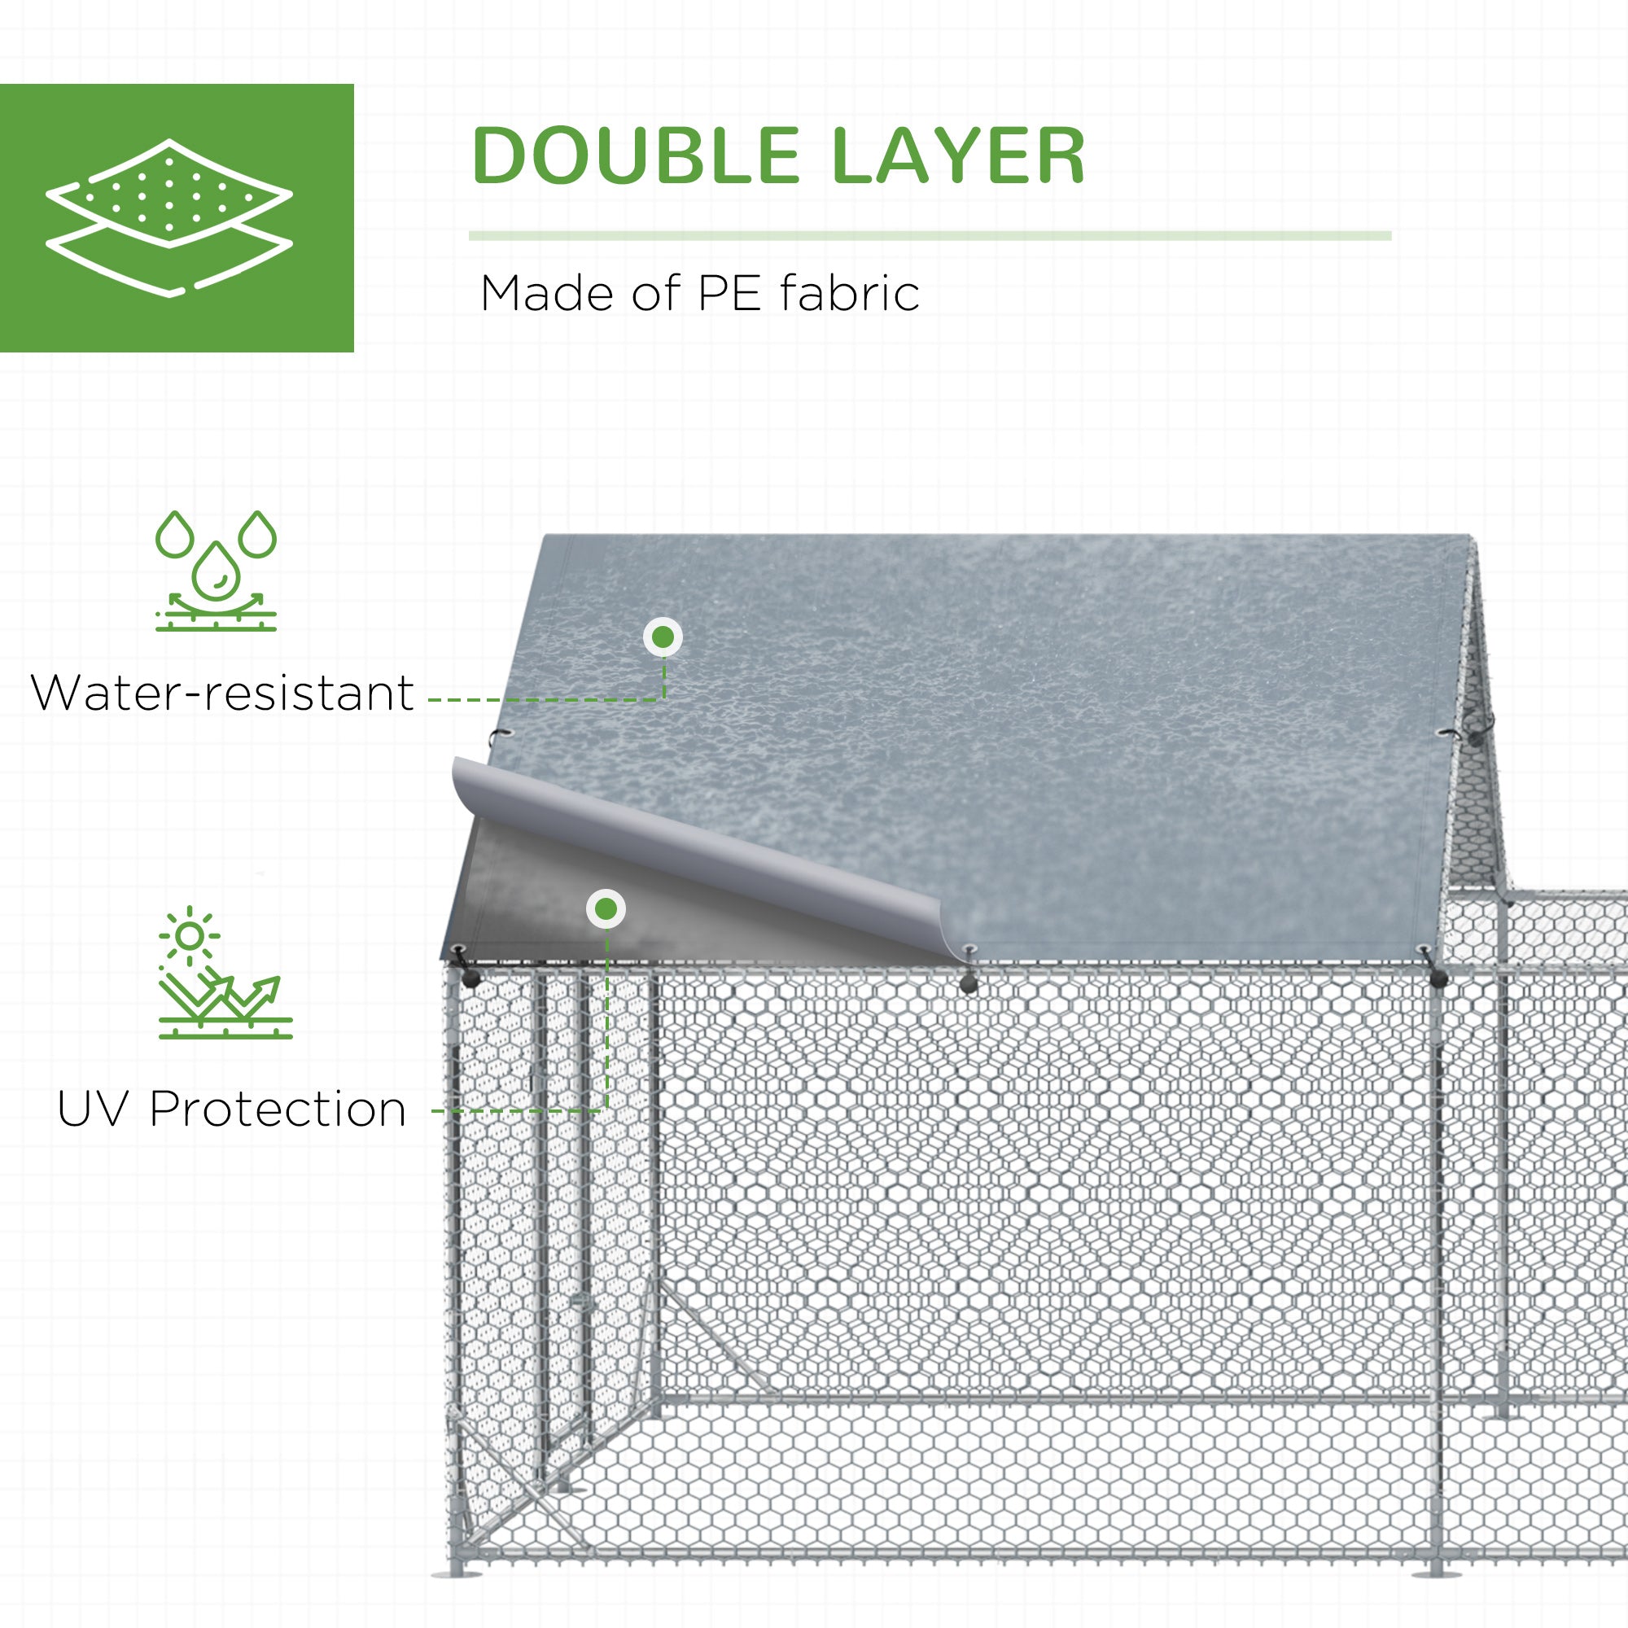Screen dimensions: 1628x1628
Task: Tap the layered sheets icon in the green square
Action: click(169, 217)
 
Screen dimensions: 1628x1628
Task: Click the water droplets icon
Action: click(216, 571)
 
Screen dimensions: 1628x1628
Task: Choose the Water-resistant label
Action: click(222, 693)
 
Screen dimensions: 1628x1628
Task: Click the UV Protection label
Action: click(232, 1109)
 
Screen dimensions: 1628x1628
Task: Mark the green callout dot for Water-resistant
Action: click(663, 637)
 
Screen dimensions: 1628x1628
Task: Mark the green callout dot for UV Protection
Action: click(606, 909)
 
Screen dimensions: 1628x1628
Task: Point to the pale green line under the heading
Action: click(930, 236)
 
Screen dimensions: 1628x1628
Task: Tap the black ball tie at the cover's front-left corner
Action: click(470, 978)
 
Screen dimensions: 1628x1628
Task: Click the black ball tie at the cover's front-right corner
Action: click(1438, 978)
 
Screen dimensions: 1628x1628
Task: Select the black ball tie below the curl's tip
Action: click(969, 982)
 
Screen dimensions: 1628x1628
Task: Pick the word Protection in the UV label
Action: click(278, 1109)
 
